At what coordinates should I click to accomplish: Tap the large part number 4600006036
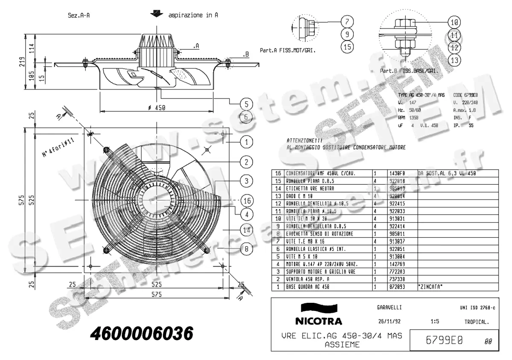[x=141, y=333]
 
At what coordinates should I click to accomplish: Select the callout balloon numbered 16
[x=247, y=200]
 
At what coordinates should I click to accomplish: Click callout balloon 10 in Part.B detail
[x=455, y=22]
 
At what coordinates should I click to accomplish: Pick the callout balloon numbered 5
[x=246, y=104]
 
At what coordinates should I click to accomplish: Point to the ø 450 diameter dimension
[x=156, y=107]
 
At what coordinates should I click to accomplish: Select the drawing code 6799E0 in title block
[x=445, y=340]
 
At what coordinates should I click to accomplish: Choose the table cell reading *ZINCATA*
[x=430, y=287]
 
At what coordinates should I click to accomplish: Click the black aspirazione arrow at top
[x=157, y=14]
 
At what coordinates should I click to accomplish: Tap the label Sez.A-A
[x=79, y=15]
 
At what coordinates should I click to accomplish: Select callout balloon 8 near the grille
[x=247, y=247]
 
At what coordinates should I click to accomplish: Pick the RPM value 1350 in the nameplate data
[x=413, y=117]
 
